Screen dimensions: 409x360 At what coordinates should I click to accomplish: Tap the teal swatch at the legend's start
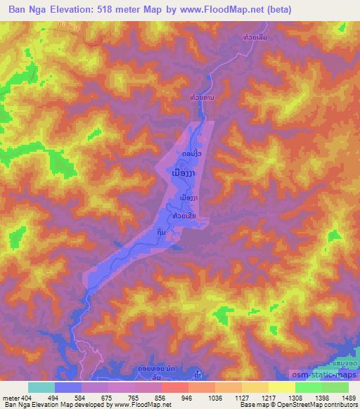(x=41, y=387)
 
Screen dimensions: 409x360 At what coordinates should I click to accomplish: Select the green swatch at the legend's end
(x=335, y=387)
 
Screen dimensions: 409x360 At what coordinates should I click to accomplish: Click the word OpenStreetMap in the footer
(x=290, y=405)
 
